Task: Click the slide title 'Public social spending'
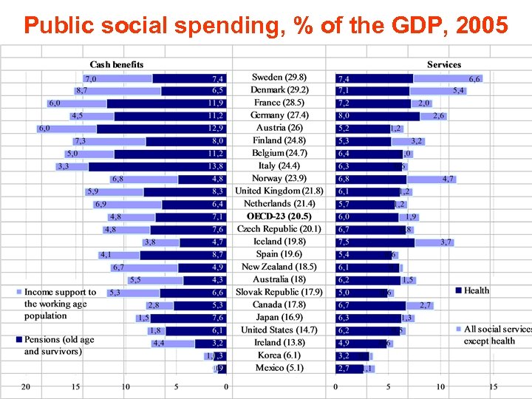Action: tap(265, 26)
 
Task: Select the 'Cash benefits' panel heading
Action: tap(117, 65)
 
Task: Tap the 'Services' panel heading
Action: tap(443, 65)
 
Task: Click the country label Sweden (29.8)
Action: tap(279, 78)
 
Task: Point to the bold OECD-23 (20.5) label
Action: tap(279, 216)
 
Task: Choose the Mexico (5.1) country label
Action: tap(279, 367)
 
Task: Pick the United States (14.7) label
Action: tap(279, 330)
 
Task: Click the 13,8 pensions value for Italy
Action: tap(216, 166)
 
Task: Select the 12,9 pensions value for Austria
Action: tap(216, 129)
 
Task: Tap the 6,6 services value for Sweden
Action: tap(474, 78)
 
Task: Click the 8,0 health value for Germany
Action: tap(344, 116)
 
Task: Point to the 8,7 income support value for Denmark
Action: tap(81, 91)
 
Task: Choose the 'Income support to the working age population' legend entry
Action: tap(59, 304)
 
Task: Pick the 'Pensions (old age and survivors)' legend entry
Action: tap(59, 345)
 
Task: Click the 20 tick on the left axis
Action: tap(25, 387)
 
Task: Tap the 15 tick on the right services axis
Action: tap(493, 387)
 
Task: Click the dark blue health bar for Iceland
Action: tap(375, 242)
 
